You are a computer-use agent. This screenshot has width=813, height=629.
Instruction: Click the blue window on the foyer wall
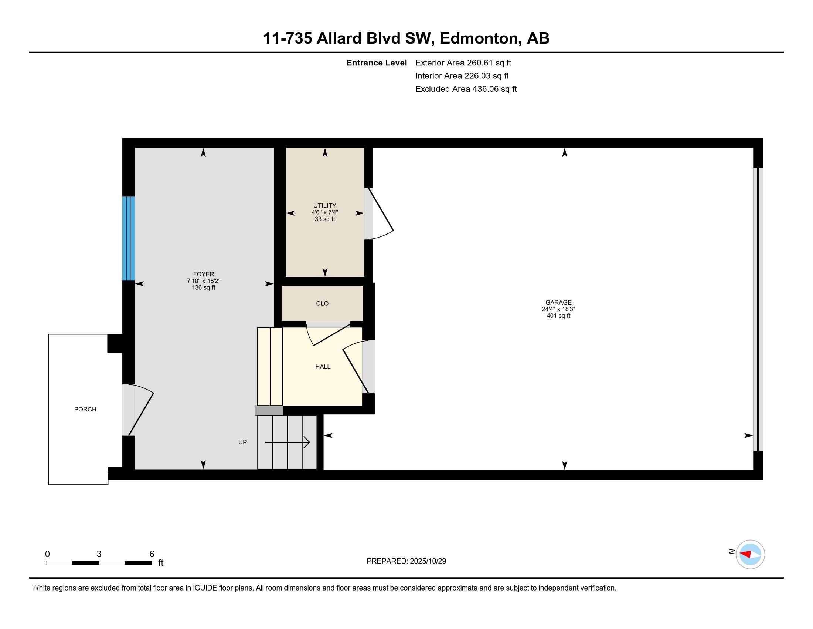[x=129, y=239]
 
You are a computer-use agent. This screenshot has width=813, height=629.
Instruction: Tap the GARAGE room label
[x=558, y=303]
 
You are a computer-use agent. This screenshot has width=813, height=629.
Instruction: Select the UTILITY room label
[x=324, y=206]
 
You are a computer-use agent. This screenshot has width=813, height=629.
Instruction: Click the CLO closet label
[x=322, y=303]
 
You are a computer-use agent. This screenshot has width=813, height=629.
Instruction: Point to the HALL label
[x=323, y=367]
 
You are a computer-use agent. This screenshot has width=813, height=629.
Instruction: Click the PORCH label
[x=85, y=410]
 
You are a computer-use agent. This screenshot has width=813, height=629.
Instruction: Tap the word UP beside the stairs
[x=243, y=442]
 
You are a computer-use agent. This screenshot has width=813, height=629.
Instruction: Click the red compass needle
[x=746, y=554]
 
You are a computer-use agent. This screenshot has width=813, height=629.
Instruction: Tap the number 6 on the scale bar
[x=152, y=554]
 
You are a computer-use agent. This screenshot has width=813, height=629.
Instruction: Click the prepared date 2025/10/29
[x=428, y=561]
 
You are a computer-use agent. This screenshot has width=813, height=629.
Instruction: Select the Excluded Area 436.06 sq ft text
[x=466, y=89]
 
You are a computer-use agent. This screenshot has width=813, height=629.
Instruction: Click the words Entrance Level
[x=376, y=63]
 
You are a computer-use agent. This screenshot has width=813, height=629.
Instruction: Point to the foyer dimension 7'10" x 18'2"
[x=204, y=281]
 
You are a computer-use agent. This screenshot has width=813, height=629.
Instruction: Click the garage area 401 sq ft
[x=558, y=316]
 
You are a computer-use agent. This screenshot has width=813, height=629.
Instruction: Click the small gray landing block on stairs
[x=269, y=410]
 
